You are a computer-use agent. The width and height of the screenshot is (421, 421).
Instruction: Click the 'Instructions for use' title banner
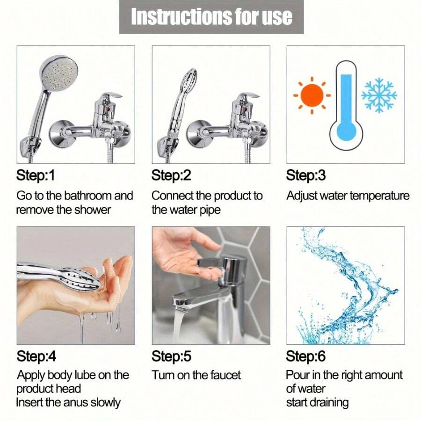[x=211, y=17]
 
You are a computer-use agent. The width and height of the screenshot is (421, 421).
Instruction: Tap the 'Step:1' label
[x=36, y=176]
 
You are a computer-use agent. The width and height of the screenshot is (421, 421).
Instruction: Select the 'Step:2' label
[x=171, y=176]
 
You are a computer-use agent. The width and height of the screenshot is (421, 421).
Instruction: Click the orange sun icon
[x=312, y=95]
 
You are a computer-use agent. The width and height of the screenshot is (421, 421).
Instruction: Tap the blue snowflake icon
[x=378, y=95]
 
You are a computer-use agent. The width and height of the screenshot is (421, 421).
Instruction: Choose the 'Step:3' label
[x=306, y=176]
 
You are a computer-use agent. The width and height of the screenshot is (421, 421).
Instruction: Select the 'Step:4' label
[x=36, y=356]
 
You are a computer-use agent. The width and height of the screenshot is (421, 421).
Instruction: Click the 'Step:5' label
[x=171, y=356]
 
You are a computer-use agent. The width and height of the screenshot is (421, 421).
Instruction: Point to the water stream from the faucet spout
[x=179, y=325]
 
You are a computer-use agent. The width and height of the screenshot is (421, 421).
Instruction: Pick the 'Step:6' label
[x=306, y=356]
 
